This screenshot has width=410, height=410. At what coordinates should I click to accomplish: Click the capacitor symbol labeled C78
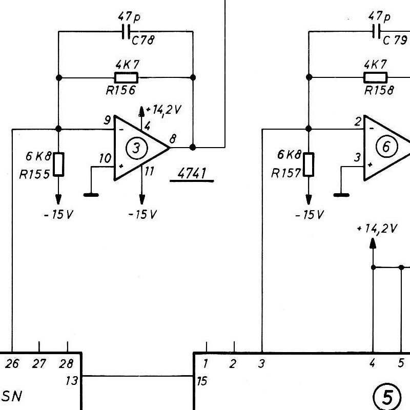coord(126,32)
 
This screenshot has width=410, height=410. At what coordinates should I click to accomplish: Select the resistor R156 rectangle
coord(126,78)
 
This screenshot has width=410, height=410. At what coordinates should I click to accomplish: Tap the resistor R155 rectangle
coord(58,165)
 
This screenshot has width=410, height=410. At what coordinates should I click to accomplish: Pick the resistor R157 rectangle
coord(309,165)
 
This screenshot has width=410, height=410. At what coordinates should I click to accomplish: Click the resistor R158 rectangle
coord(376,78)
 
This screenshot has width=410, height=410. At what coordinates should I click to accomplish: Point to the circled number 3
coord(137,148)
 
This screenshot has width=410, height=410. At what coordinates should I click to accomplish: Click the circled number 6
coord(387,147)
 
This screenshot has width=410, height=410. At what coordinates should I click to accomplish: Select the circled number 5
coord(387,398)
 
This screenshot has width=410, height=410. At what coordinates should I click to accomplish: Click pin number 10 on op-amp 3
coord(105,158)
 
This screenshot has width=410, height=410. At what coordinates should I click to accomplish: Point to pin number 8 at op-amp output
coord(173,139)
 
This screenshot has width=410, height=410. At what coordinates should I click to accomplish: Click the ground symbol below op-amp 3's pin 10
coord(91,195)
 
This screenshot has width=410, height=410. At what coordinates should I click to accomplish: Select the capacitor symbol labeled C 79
coord(376,32)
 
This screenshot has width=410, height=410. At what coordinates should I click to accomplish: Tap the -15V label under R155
coord(58,214)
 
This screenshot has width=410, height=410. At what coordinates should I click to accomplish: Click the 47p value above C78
coord(129,17)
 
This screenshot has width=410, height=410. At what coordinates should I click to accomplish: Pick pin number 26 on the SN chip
coord(12,364)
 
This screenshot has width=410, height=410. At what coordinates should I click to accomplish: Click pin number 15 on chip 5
coord(202,381)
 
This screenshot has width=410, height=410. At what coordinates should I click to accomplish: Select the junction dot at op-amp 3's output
coord(193,148)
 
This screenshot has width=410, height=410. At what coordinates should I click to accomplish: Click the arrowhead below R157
coord(309,199)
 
